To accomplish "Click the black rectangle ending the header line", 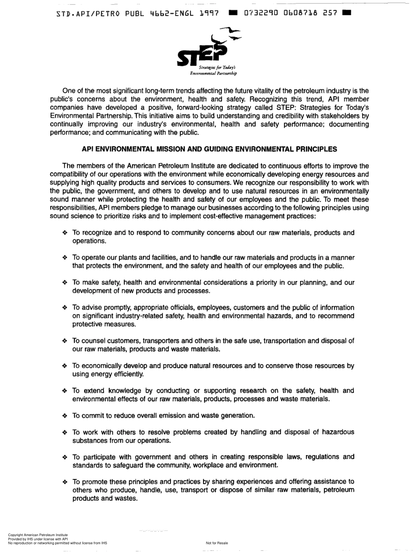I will pyautogui.click(x=347, y=13).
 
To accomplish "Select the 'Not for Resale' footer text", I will pyautogui.click(x=217, y=543).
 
